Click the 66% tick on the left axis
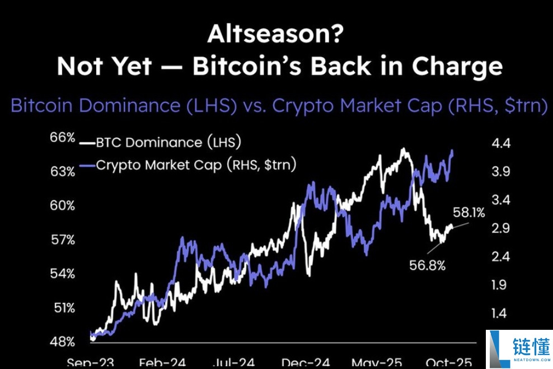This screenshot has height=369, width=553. [x=63, y=137]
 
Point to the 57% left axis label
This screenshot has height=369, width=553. [x=63, y=240]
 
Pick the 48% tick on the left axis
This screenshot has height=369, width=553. [x=63, y=342]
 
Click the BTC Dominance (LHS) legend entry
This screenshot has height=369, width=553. [x=168, y=143]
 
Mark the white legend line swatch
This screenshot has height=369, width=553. [x=87, y=143]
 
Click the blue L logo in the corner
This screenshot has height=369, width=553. [x=496, y=348]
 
